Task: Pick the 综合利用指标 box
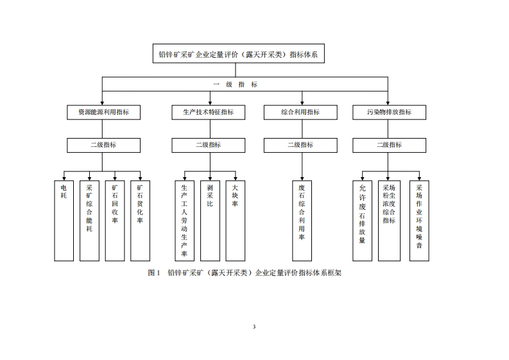[300, 112]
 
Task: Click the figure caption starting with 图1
[244, 273]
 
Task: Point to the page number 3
[254, 327]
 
